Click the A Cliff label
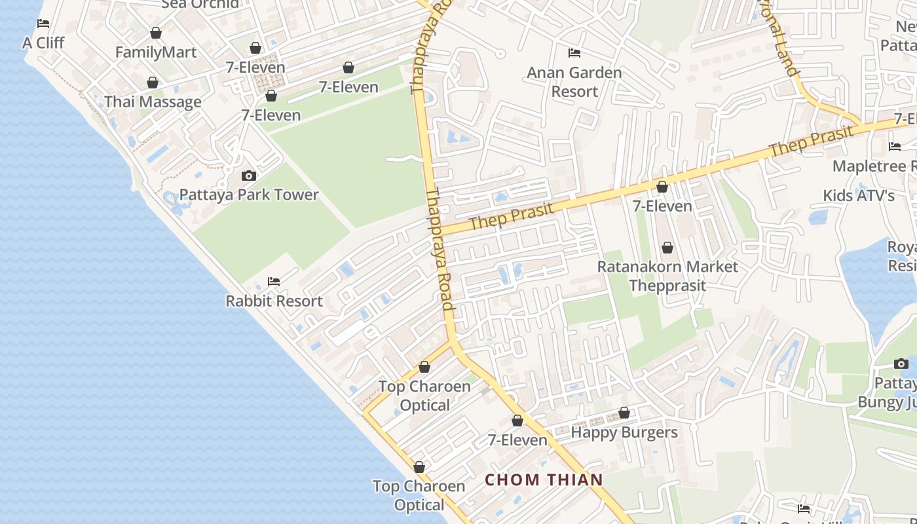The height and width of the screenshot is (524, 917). click(x=43, y=43)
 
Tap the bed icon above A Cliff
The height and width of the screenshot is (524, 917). click(x=43, y=24)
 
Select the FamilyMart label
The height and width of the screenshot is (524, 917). click(x=156, y=52)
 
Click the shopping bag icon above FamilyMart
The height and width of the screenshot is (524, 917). click(x=156, y=33)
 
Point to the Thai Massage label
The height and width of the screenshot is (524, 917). click(x=153, y=102)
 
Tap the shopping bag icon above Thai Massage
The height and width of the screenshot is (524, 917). click(x=153, y=83)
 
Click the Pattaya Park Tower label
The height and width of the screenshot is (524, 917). click(x=249, y=195)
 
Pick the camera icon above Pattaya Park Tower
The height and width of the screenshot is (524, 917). click(x=249, y=176)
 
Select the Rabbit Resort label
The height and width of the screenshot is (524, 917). click(x=274, y=301)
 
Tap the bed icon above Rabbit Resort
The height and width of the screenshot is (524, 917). click(x=274, y=282)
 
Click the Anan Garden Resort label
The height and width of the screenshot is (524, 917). click(x=574, y=82)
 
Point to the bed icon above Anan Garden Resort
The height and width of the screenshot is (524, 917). click(x=574, y=52)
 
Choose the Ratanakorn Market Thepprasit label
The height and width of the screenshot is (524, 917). click(x=667, y=276)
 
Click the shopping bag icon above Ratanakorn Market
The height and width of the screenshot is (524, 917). click(x=667, y=248)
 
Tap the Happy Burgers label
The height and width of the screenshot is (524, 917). click(x=624, y=432)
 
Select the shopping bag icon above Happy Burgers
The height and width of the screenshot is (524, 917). click(x=624, y=413)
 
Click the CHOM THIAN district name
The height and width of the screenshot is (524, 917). click(x=544, y=480)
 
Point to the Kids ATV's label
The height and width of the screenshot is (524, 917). click(x=859, y=196)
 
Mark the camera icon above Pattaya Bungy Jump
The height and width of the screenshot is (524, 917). click(x=901, y=364)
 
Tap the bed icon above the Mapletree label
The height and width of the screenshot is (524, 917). click(x=895, y=147)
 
